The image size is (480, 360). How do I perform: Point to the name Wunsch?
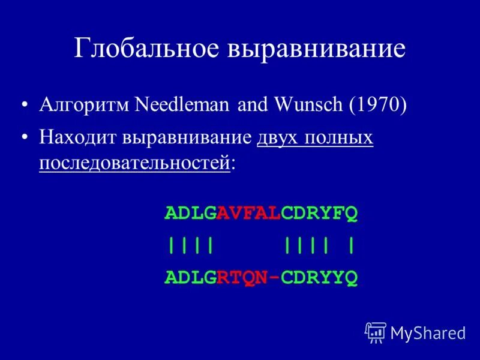[x=308, y=106]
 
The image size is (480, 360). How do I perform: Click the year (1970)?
[x=377, y=106]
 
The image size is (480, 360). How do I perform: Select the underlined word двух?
[x=279, y=138]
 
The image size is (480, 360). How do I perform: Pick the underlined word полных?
[x=340, y=138]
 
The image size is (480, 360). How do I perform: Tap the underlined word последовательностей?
[x=134, y=163]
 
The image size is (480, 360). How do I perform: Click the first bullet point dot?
[x=24, y=106]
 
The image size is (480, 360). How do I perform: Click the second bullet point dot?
[x=24, y=139]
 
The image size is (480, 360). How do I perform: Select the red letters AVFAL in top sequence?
[x=249, y=213]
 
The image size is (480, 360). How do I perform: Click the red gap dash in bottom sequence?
[x=274, y=278]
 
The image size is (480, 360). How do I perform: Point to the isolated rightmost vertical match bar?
[x=350, y=245]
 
